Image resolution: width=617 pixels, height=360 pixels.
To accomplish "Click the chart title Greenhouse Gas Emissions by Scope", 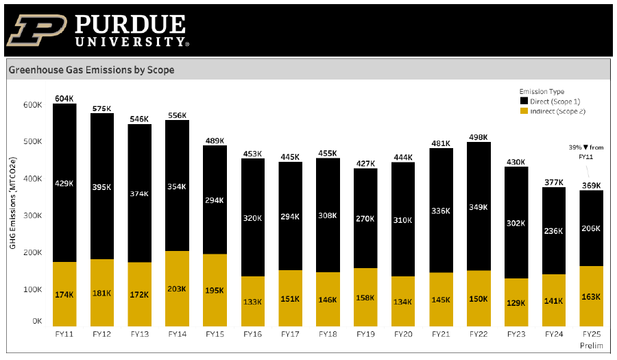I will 91,70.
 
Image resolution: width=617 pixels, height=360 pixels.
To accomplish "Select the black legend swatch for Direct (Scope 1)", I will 524,101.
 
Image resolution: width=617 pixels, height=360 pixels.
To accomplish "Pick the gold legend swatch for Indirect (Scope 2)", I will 524,110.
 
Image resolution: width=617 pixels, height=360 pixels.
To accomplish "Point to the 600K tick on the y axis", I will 32,105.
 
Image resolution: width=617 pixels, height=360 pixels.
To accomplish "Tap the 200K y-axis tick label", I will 32,252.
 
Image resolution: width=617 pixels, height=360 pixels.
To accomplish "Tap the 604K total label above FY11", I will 64,99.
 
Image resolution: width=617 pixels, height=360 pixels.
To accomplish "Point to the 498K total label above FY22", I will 478,137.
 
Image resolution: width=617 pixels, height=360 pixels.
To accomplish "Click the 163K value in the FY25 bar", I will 590,297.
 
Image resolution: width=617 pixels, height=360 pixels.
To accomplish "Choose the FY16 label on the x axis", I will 252,334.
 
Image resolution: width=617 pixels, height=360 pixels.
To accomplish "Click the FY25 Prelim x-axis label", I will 590,339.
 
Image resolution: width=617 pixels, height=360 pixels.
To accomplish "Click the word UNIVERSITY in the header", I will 130,42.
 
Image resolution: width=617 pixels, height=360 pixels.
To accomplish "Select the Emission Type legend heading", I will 542,91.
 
